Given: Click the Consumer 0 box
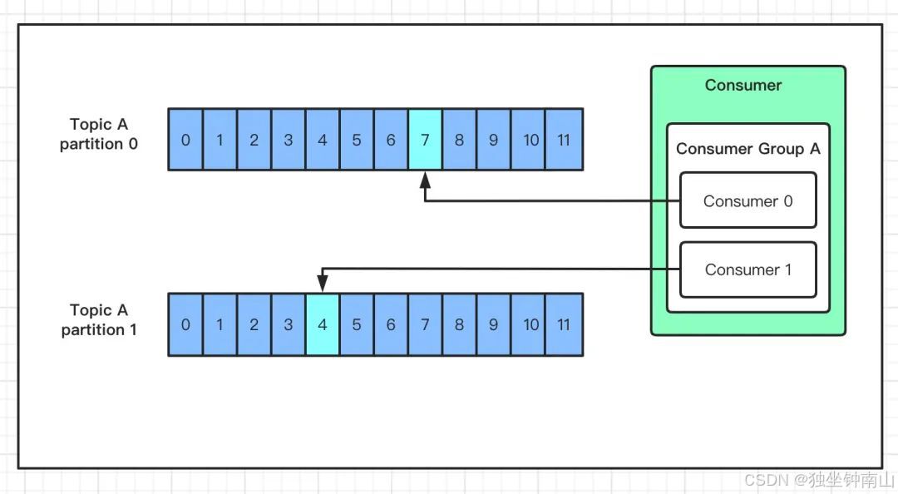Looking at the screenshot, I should tap(748, 200).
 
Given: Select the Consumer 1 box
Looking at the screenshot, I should tap(748, 269).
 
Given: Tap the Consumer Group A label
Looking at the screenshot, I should tap(748, 149).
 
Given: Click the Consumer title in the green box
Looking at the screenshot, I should tap(743, 85).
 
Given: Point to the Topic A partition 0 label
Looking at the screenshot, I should tap(99, 134).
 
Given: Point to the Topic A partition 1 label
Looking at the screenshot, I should tap(99, 320).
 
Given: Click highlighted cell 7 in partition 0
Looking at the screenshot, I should tap(425, 140).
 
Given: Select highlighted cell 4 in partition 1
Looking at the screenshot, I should tap(323, 324).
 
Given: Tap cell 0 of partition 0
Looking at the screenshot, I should tap(185, 140).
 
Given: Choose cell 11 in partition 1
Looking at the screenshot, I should tap(565, 324).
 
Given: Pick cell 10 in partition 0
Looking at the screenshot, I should tap(530, 140).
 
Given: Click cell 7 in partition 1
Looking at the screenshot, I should tap(425, 324).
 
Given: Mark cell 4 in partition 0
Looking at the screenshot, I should tap(323, 140).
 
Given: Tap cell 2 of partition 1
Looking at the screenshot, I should tap(254, 324).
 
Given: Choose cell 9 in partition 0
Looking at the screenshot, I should tap(493, 140).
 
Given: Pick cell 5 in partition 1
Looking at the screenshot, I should tap(357, 324).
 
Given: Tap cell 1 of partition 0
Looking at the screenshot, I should tap(220, 140).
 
